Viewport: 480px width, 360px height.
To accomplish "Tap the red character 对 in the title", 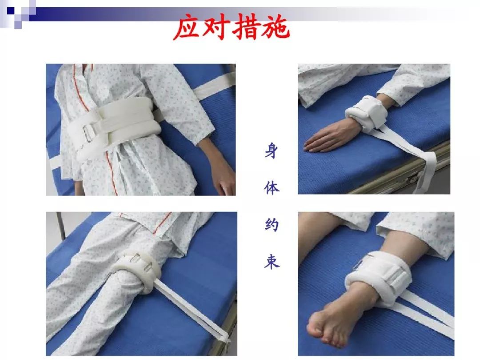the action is coord(216,27).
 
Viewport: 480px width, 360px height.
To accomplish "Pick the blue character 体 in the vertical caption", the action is coord(271,188).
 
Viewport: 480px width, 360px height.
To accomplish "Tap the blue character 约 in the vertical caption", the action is coord(271,224).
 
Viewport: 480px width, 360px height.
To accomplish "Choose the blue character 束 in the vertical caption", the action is coord(271,262).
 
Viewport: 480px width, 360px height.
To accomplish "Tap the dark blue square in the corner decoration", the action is coord(11,11).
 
